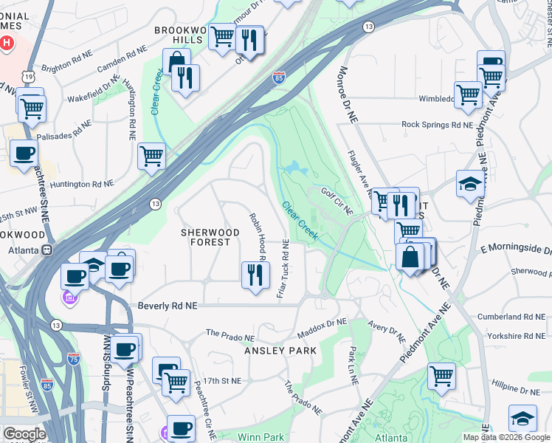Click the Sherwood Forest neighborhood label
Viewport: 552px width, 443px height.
coord(210,237)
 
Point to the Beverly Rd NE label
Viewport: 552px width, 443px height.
coord(168,305)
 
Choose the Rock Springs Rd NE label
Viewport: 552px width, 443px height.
coord(436,125)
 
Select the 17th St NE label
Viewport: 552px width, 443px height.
coord(223,381)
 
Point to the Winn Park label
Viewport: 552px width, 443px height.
coord(262,436)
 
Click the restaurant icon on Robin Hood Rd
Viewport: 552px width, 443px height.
coord(255,275)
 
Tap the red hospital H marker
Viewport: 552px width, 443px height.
coord(7,43)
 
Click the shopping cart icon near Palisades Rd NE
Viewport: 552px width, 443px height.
coord(32,108)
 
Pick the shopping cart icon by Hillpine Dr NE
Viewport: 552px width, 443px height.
coord(441,375)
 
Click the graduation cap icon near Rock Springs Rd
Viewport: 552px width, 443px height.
coord(470,185)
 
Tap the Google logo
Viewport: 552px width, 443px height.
coord(24,435)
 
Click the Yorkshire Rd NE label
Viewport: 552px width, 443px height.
coord(517,336)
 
